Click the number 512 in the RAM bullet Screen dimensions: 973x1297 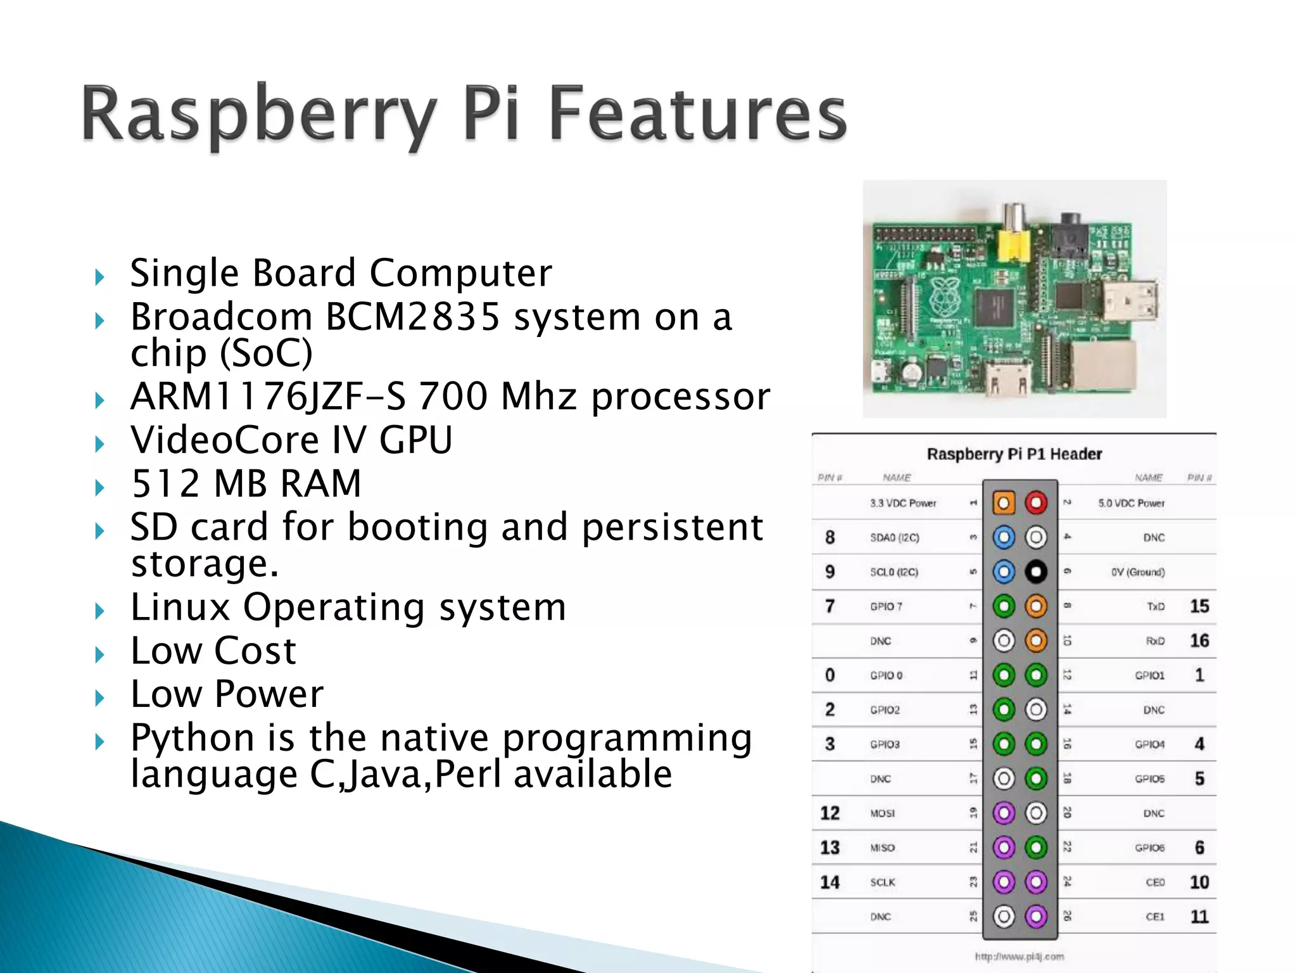166,483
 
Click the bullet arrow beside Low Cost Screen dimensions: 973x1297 99,654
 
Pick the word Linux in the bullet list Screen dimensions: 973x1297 180,607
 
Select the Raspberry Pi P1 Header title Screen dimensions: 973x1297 1014,454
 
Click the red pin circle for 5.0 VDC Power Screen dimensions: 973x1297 1036,503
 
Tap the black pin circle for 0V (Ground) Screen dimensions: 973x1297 1036,572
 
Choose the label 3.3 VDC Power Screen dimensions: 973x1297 902,503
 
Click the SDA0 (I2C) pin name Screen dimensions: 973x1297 894,538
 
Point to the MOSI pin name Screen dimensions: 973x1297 882,813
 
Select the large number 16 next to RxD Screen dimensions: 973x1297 1199,641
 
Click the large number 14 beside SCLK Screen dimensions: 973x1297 830,882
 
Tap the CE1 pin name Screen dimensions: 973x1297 1155,917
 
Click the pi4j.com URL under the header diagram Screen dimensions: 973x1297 1019,957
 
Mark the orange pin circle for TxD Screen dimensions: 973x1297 1036,607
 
